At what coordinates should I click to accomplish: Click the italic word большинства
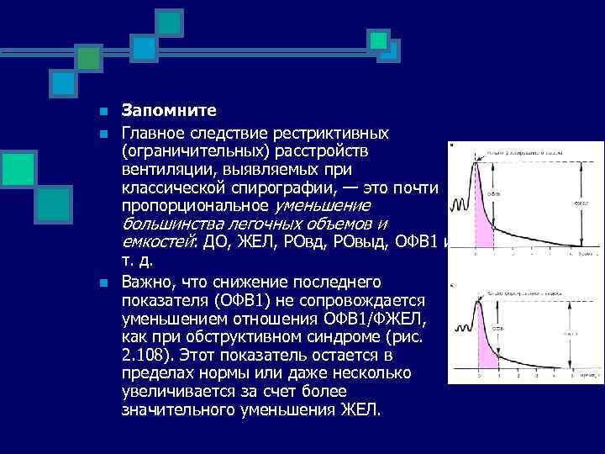(x=172, y=224)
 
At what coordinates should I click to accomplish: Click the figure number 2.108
(x=148, y=355)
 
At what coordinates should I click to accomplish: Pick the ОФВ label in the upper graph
(x=497, y=192)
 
